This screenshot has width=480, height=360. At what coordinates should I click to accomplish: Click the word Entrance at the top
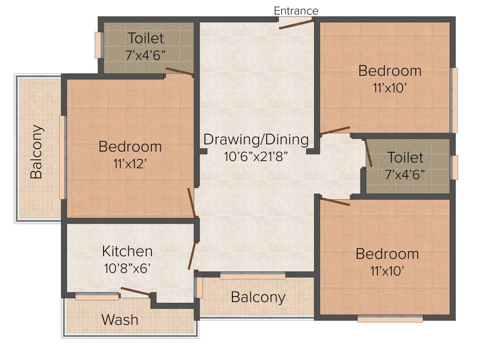click(x=296, y=10)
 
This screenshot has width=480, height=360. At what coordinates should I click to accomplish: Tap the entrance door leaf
click(x=296, y=24)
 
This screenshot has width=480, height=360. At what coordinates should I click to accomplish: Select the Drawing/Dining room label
click(x=256, y=140)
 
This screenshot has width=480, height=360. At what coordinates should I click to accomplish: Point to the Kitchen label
click(x=127, y=251)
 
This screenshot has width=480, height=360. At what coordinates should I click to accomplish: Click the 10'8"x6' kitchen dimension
click(x=127, y=269)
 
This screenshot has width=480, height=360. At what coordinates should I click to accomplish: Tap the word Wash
click(x=120, y=320)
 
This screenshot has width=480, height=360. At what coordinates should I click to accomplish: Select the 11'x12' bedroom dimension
click(x=130, y=164)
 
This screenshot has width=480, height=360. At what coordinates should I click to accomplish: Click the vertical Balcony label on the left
click(x=37, y=151)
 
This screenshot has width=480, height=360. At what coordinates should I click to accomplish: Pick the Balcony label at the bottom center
click(x=258, y=297)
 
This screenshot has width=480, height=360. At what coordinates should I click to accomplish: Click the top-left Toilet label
click(x=146, y=37)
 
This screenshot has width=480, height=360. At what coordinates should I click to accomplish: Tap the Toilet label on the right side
click(x=405, y=157)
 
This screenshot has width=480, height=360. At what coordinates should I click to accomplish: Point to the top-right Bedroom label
click(x=390, y=71)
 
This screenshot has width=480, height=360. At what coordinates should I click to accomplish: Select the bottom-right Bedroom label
click(x=387, y=254)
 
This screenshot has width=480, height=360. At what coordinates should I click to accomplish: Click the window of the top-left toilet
click(x=98, y=45)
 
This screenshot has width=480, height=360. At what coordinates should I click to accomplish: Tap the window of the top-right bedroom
click(x=453, y=100)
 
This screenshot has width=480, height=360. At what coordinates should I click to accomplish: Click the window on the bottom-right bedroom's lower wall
click(x=390, y=319)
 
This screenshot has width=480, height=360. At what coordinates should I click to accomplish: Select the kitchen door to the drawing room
click(x=192, y=255)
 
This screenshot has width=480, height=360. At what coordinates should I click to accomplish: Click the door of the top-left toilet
click(x=180, y=72)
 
